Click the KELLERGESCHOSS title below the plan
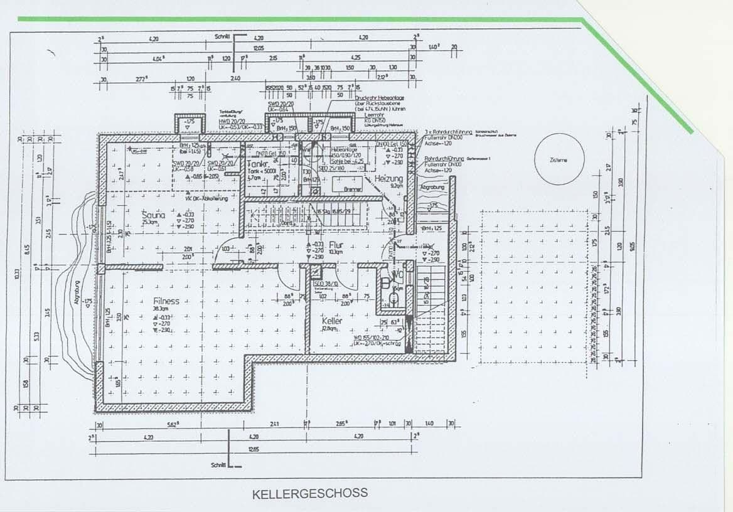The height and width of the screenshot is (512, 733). point(309,493)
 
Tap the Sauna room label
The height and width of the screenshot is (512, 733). point(154,215)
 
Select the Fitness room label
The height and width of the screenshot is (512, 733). point(166,301)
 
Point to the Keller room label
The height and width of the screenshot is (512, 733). point(331,320)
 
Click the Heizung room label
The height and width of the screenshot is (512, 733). point(389,179)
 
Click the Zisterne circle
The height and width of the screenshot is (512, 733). point(558,161)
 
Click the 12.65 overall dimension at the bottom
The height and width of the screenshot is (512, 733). point(253,449)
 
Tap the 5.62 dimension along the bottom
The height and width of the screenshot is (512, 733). point(171,425)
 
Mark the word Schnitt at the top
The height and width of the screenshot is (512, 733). point(222,38)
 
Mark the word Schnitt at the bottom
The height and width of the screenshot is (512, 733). point(218,466)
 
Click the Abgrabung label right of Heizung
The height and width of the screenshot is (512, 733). point(432,187)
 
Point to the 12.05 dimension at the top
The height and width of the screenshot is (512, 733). point(258,48)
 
